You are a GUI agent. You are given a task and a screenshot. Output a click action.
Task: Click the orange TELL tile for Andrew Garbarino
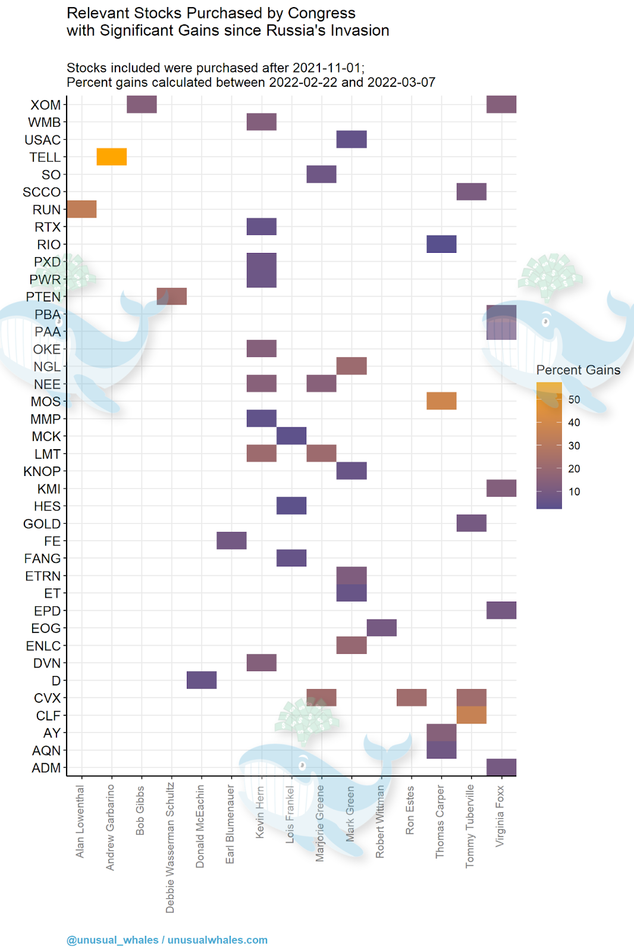pos(112,157)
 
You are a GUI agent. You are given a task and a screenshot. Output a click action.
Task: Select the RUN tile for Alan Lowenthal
pos(81,209)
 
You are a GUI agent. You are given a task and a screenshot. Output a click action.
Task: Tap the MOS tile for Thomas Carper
pos(441,401)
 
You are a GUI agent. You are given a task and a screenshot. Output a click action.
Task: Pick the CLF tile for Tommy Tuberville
pos(472,715)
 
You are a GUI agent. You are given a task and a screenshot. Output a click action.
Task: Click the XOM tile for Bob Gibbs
pos(142,104)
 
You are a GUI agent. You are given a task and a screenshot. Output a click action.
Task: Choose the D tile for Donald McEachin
pos(202,680)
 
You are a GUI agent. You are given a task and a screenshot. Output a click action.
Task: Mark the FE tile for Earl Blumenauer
pos(231,541)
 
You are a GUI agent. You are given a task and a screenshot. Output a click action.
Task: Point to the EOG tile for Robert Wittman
pos(382,628)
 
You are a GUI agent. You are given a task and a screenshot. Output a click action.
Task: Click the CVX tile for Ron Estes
pos(412,697)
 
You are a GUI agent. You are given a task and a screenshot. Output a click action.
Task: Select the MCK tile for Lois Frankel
pos(291,436)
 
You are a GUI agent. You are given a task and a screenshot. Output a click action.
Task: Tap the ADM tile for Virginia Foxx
pos(501,768)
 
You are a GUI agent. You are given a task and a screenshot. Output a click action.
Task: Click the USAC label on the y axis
pos(42,140)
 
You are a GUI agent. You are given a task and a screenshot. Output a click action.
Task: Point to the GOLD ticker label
pos(42,524)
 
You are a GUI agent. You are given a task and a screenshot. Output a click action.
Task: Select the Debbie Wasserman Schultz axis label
pos(171,848)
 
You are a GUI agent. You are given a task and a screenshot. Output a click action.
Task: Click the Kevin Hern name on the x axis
pos(260,812)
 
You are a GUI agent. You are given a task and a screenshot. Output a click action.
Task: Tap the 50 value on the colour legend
pos(574,399)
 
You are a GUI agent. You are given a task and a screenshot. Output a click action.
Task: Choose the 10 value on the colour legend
pos(574,491)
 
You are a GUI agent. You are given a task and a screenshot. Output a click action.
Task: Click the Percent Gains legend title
pos(578,370)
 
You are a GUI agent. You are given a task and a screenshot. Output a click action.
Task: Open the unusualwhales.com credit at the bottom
pos(217,940)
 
